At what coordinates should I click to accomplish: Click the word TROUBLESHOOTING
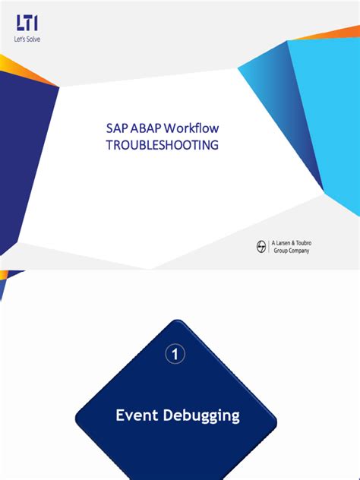(161, 145)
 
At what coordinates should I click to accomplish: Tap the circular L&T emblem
(262, 245)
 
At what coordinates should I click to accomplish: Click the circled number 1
(176, 354)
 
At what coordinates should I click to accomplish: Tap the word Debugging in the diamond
(202, 416)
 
